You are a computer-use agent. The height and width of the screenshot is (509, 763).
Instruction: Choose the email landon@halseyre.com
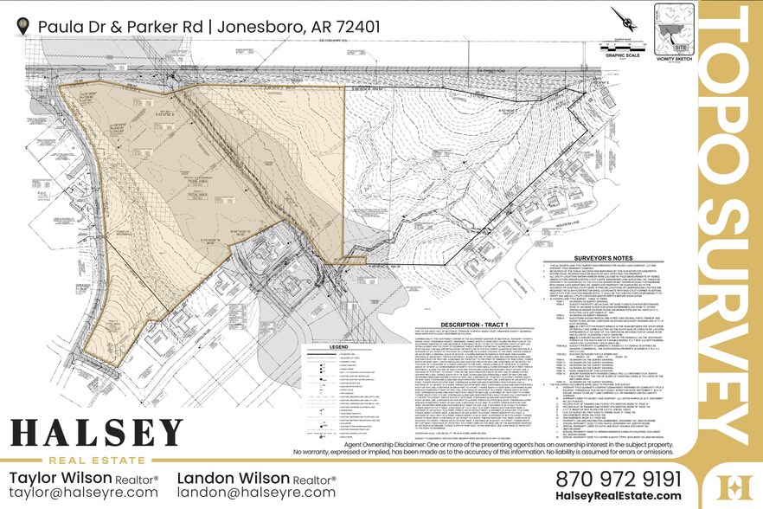pyautogui.click(x=256, y=493)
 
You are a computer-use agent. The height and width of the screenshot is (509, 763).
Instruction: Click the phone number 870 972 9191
pyautogui.click(x=619, y=478)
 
